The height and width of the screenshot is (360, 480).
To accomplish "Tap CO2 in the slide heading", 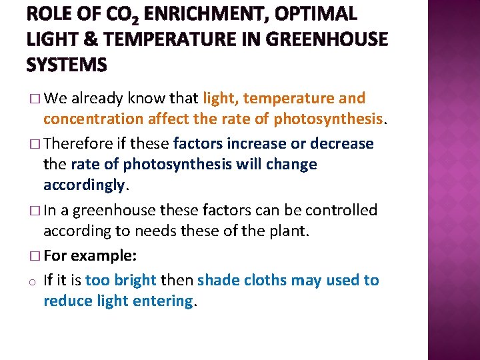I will tap(134, 15).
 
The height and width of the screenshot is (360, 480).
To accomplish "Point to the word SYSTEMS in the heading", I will tap(67, 65).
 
